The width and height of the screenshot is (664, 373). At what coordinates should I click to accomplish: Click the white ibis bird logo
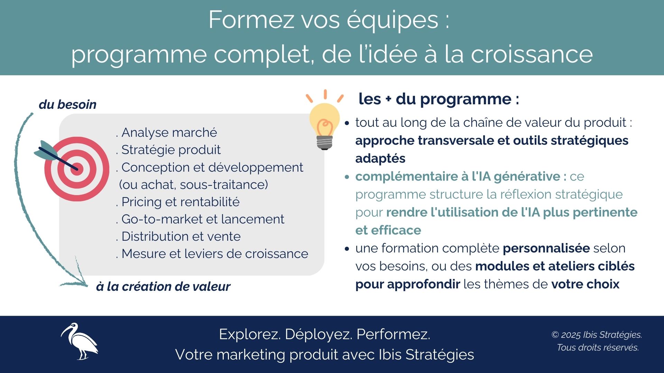[x=80, y=341]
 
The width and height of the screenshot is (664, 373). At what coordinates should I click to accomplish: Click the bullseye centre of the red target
[x=77, y=169]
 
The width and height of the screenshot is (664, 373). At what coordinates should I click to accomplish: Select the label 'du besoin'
[x=67, y=104]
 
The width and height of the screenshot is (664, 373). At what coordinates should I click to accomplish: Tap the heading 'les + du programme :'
[x=439, y=99]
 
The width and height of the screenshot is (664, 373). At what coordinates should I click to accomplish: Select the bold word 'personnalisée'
[x=546, y=248]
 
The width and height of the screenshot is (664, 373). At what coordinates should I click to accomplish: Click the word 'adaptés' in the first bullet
[x=380, y=158]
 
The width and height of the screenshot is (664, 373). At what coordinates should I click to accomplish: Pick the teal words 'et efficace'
[x=388, y=230]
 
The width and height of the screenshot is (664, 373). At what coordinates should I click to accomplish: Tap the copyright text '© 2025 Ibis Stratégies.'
[x=597, y=335]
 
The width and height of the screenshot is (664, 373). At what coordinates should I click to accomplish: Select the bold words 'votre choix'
[x=585, y=284]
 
